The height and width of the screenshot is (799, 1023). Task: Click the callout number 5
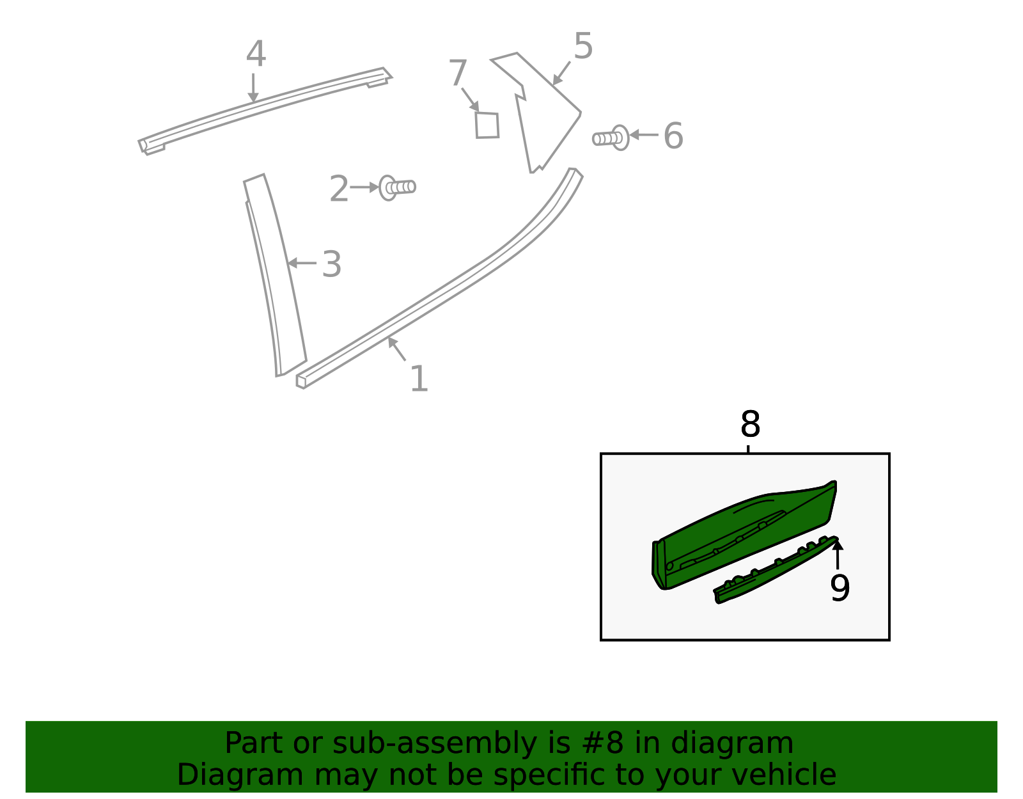[x=583, y=46]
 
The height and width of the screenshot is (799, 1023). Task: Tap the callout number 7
[x=458, y=73]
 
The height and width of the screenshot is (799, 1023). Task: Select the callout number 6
[x=673, y=136]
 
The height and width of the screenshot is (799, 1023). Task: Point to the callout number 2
[x=339, y=189]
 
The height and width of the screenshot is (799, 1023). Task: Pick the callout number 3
[x=331, y=264]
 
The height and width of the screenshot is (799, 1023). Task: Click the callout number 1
[x=419, y=379]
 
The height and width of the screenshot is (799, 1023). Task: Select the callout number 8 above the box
[x=750, y=424]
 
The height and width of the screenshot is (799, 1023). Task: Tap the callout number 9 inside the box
[x=839, y=588]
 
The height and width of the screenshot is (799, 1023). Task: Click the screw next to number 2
[x=397, y=187]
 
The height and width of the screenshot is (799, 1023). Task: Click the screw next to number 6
[x=611, y=138]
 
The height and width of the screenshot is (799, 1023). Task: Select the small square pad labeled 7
[x=487, y=125]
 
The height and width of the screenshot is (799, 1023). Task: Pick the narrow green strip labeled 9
[x=774, y=573]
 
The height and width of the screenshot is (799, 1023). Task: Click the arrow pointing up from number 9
[x=837, y=554]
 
